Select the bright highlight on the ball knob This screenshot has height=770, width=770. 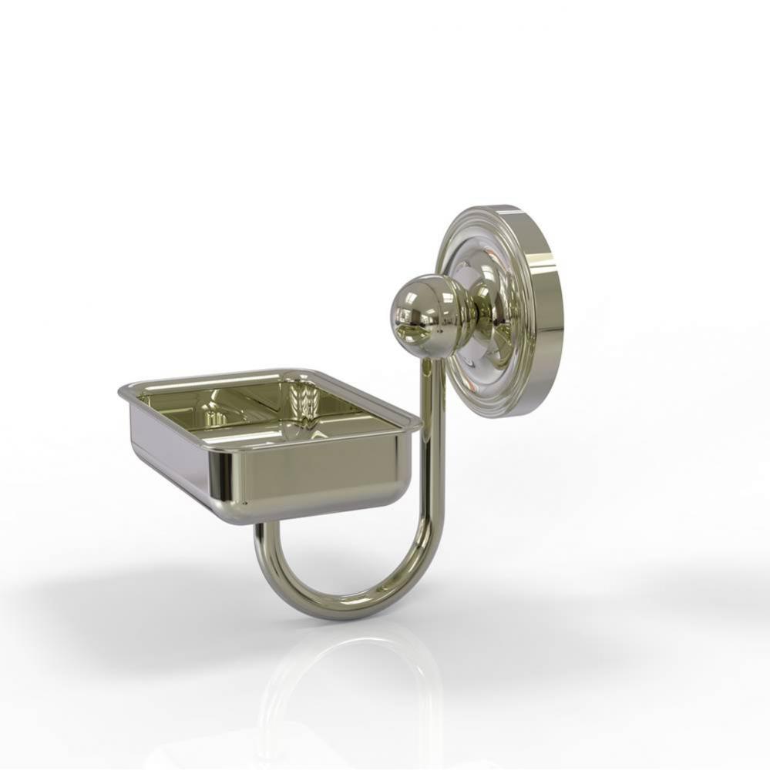(x=409, y=304)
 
